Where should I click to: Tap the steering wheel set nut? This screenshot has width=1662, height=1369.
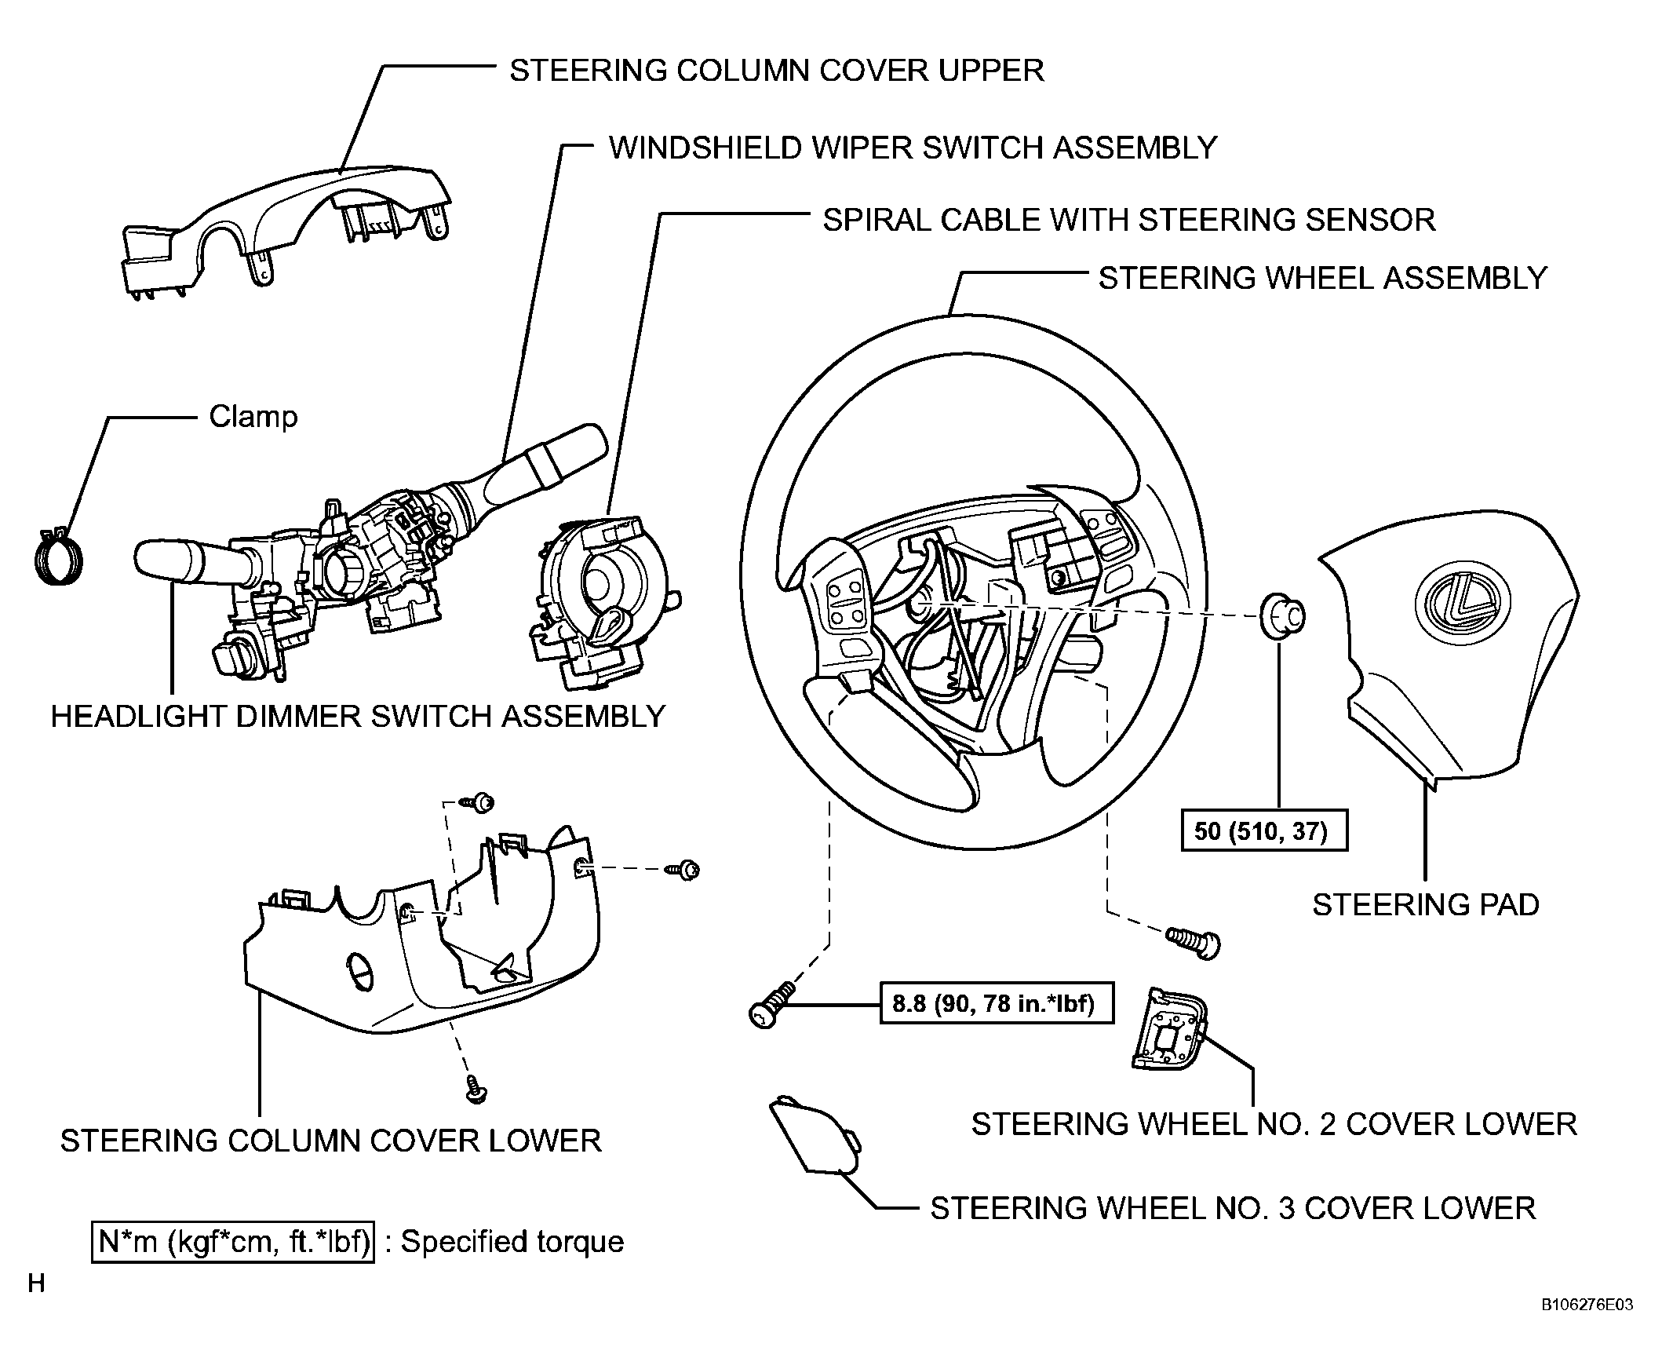(x=1281, y=616)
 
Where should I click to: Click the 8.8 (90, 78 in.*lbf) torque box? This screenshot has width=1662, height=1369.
(x=997, y=1003)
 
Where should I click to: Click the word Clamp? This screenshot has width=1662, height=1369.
(x=253, y=416)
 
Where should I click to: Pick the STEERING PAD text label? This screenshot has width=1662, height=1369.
(x=1426, y=905)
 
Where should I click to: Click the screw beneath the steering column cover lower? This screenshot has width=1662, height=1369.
(x=476, y=1089)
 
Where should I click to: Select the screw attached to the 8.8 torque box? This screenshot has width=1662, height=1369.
(x=772, y=1006)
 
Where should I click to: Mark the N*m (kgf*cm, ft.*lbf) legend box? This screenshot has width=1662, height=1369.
(x=232, y=1242)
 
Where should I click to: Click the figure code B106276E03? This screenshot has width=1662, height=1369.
(x=1587, y=1327)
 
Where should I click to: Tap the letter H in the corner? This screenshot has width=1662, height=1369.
(x=36, y=1284)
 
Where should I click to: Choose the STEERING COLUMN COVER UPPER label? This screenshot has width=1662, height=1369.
(x=777, y=71)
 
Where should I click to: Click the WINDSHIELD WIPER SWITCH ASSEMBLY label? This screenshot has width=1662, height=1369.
(x=913, y=148)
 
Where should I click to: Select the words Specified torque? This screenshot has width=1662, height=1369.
(x=512, y=1242)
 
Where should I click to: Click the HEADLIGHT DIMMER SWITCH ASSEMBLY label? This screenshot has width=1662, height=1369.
(x=358, y=717)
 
